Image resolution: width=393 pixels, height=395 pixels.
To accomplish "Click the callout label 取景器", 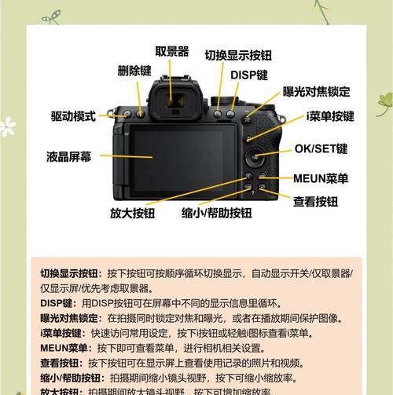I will click(x=171, y=52).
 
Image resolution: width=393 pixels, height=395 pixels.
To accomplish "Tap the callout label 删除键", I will click(x=134, y=71).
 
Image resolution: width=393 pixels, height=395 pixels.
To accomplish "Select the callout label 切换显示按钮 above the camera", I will click(x=238, y=56).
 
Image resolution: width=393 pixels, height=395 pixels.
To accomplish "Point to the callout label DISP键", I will click(x=248, y=75).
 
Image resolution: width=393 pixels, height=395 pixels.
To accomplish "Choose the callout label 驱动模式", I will click(x=74, y=116).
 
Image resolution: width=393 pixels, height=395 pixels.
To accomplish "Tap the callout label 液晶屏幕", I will click(x=68, y=157).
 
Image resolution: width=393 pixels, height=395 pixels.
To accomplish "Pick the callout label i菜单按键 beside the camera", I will click(x=330, y=116).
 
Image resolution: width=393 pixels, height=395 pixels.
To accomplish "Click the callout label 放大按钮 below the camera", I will click(x=132, y=213).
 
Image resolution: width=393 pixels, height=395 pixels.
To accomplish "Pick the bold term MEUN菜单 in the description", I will click(x=64, y=348).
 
